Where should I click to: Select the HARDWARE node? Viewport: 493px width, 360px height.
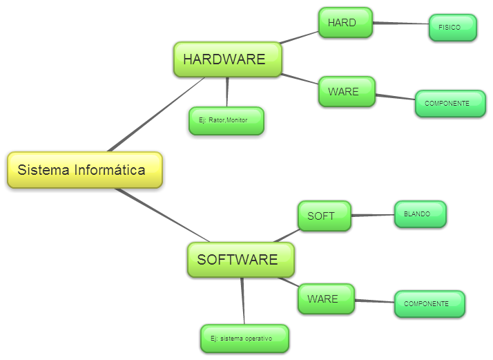click(x=227, y=59)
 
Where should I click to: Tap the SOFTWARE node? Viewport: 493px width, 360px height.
click(x=240, y=260)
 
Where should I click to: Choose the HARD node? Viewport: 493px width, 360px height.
click(x=345, y=23)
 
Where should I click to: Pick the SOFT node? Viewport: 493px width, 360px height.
click(x=324, y=216)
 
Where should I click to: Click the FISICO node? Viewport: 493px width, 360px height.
click(x=452, y=28)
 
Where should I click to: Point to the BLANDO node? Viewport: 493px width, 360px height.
click(x=420, y=214)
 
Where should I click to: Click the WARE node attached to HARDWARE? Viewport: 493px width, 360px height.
click(x=347, y=92)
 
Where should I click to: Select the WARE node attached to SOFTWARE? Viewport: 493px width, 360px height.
click(x=326, y=299)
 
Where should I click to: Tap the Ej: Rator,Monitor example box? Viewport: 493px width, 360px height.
click(x=226, y=121)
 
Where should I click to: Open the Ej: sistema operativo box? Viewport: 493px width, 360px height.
click(x=244, y=339)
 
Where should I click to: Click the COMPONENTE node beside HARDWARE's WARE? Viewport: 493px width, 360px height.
click(x=449, y=104)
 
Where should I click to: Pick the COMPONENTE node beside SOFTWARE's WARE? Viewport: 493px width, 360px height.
click(x=429, y=304)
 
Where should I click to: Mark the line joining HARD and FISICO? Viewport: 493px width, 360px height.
click(x=400, y=24)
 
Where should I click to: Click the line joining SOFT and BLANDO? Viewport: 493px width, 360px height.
click(x=373, y=216)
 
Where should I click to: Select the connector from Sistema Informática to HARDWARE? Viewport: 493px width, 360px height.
click(x=155, y=114)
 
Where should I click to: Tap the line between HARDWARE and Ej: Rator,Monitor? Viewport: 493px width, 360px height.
click(x=227, y=91)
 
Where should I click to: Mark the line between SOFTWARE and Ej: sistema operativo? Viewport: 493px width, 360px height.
click(x=243, y=301)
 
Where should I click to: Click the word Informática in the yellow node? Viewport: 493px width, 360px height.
click(x=110, y=170)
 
